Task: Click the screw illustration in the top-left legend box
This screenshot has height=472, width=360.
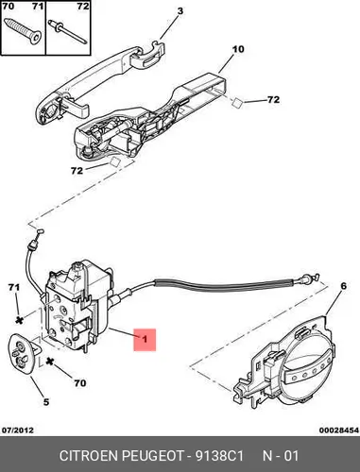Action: (23, 31)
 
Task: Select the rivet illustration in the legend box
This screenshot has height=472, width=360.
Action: (67, 31)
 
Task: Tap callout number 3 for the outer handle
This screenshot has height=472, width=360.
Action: (180, 11)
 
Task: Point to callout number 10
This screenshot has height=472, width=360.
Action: (238, 49)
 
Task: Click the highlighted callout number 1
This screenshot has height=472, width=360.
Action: (145, 340)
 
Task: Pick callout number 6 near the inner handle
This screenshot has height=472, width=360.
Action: (343, 286)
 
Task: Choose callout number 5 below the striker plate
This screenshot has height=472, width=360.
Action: (46, 402)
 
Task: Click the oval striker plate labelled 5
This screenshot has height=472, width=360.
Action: (23, 354)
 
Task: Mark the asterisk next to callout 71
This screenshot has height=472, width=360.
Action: (20, 320)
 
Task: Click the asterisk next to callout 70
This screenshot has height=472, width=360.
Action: (49, 362)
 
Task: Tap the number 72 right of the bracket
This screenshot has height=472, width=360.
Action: (273, 100)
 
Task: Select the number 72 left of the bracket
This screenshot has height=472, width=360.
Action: (77, 171)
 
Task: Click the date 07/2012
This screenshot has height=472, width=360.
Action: (18, 430)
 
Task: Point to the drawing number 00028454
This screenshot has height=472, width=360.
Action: (339, 430)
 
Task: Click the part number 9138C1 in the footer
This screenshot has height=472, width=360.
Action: (219, 456)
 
